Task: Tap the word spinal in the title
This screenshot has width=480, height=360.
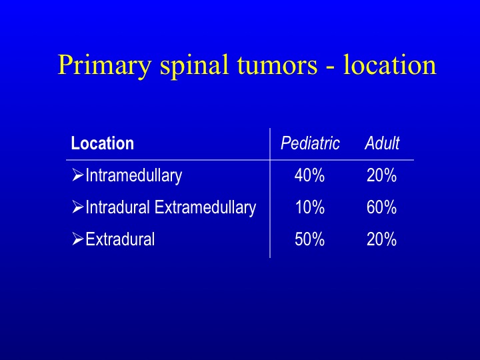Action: point(194,65)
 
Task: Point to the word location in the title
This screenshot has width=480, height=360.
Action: point(390,65)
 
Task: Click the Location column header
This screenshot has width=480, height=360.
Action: point(103,143)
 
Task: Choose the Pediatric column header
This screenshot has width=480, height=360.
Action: point(310,143)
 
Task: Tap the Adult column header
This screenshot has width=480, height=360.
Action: point(382,143)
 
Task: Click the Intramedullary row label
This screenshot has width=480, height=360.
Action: point(134,176)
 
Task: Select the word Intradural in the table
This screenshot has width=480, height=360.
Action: point(117,207)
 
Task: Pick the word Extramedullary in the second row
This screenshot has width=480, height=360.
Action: point(205,208)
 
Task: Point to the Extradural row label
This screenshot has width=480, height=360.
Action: point(120,239)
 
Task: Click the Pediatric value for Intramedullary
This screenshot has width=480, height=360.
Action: point(309,176)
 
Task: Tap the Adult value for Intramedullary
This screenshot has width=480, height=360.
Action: point(381,176)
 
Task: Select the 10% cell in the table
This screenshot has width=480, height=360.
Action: point(309,207)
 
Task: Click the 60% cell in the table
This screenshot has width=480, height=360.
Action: point(381,207)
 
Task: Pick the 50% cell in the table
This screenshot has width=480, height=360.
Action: point(309,239)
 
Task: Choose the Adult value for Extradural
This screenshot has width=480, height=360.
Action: point(381,239)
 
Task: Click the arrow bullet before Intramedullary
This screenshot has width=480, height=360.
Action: point(78,175)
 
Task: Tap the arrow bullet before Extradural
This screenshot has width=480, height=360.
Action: point(78,239)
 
